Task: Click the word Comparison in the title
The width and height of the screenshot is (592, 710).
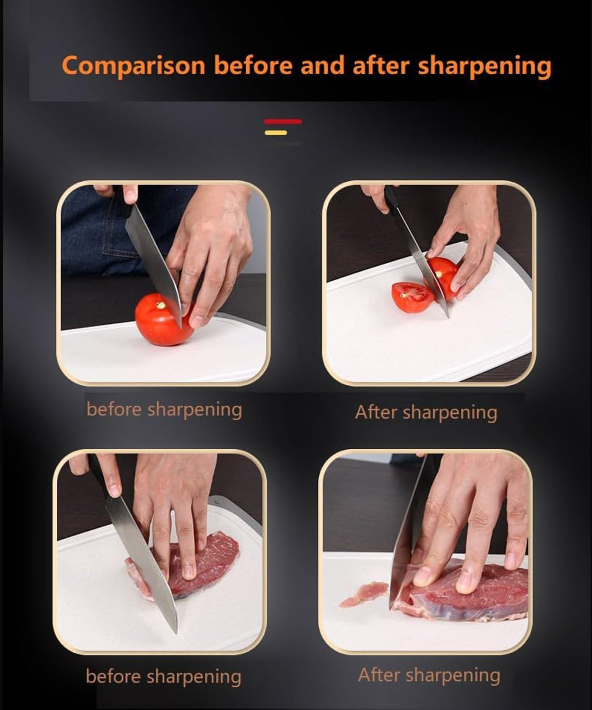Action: point(133,65)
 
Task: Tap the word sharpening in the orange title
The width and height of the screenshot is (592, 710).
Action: point(484,66)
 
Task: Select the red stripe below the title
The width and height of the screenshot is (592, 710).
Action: point(283,122)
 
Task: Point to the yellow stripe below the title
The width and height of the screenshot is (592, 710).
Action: point(276,133)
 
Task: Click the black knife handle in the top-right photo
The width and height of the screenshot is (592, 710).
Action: point(391,197)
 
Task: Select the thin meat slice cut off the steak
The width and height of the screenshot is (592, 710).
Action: point(362,595)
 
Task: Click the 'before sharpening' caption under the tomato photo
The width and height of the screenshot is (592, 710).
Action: point(164,409)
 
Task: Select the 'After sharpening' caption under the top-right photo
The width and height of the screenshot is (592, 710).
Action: point(426,412)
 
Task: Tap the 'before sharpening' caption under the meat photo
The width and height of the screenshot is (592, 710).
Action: point(163,676)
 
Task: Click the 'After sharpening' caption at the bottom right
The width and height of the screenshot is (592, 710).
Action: point(429,675)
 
